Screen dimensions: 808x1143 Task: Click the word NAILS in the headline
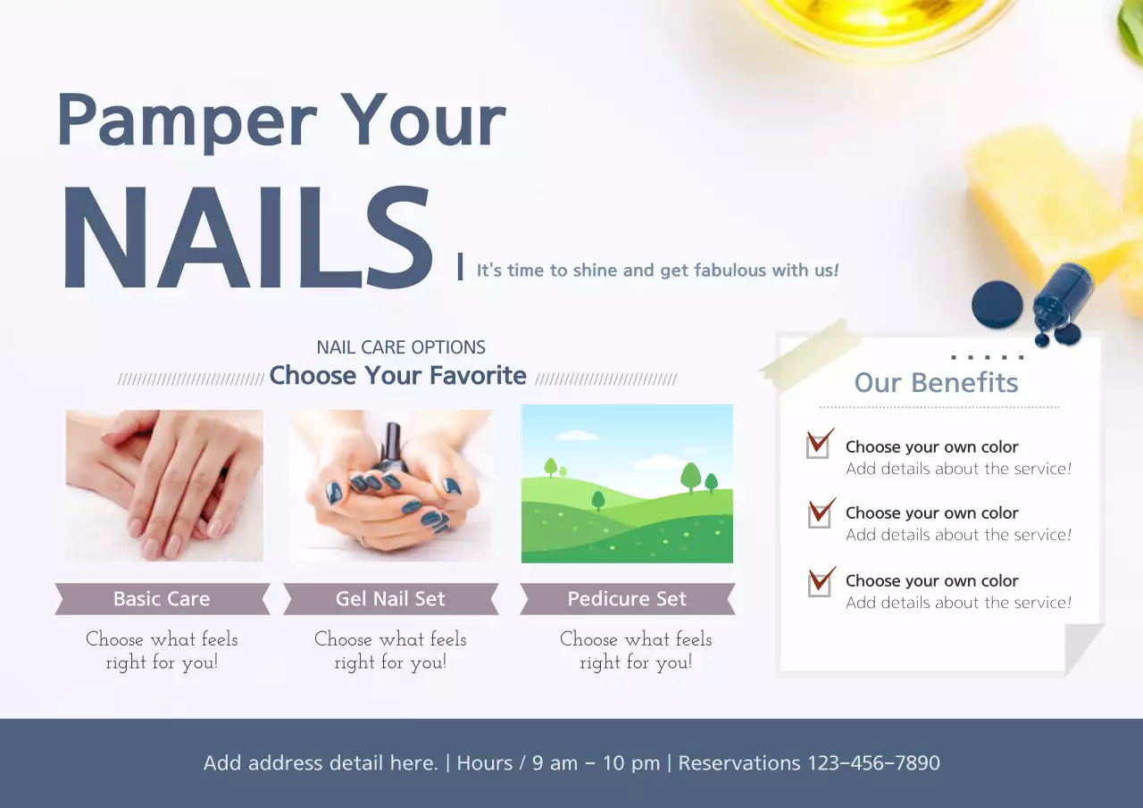(246, 239)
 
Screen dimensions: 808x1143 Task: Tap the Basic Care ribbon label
(162, 599)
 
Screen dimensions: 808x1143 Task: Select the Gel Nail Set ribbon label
(390, 599)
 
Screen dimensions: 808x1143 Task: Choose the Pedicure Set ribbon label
(627, 599)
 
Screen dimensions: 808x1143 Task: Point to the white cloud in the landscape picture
(579, 436)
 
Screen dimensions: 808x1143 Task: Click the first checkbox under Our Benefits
(818, 446)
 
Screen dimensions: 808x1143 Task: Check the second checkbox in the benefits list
(819, 514)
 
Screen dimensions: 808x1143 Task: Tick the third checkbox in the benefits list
(819, 582)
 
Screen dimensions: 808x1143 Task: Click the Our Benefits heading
(936, 383)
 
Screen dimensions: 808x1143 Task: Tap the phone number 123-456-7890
(873, 763)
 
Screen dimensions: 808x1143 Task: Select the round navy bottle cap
(997, 304)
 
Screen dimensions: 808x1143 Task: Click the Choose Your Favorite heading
(397, 376)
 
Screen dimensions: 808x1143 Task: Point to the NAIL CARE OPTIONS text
(401, 347)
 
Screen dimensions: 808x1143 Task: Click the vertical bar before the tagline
(460, 267)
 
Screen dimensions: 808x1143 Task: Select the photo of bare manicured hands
(164, 485)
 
